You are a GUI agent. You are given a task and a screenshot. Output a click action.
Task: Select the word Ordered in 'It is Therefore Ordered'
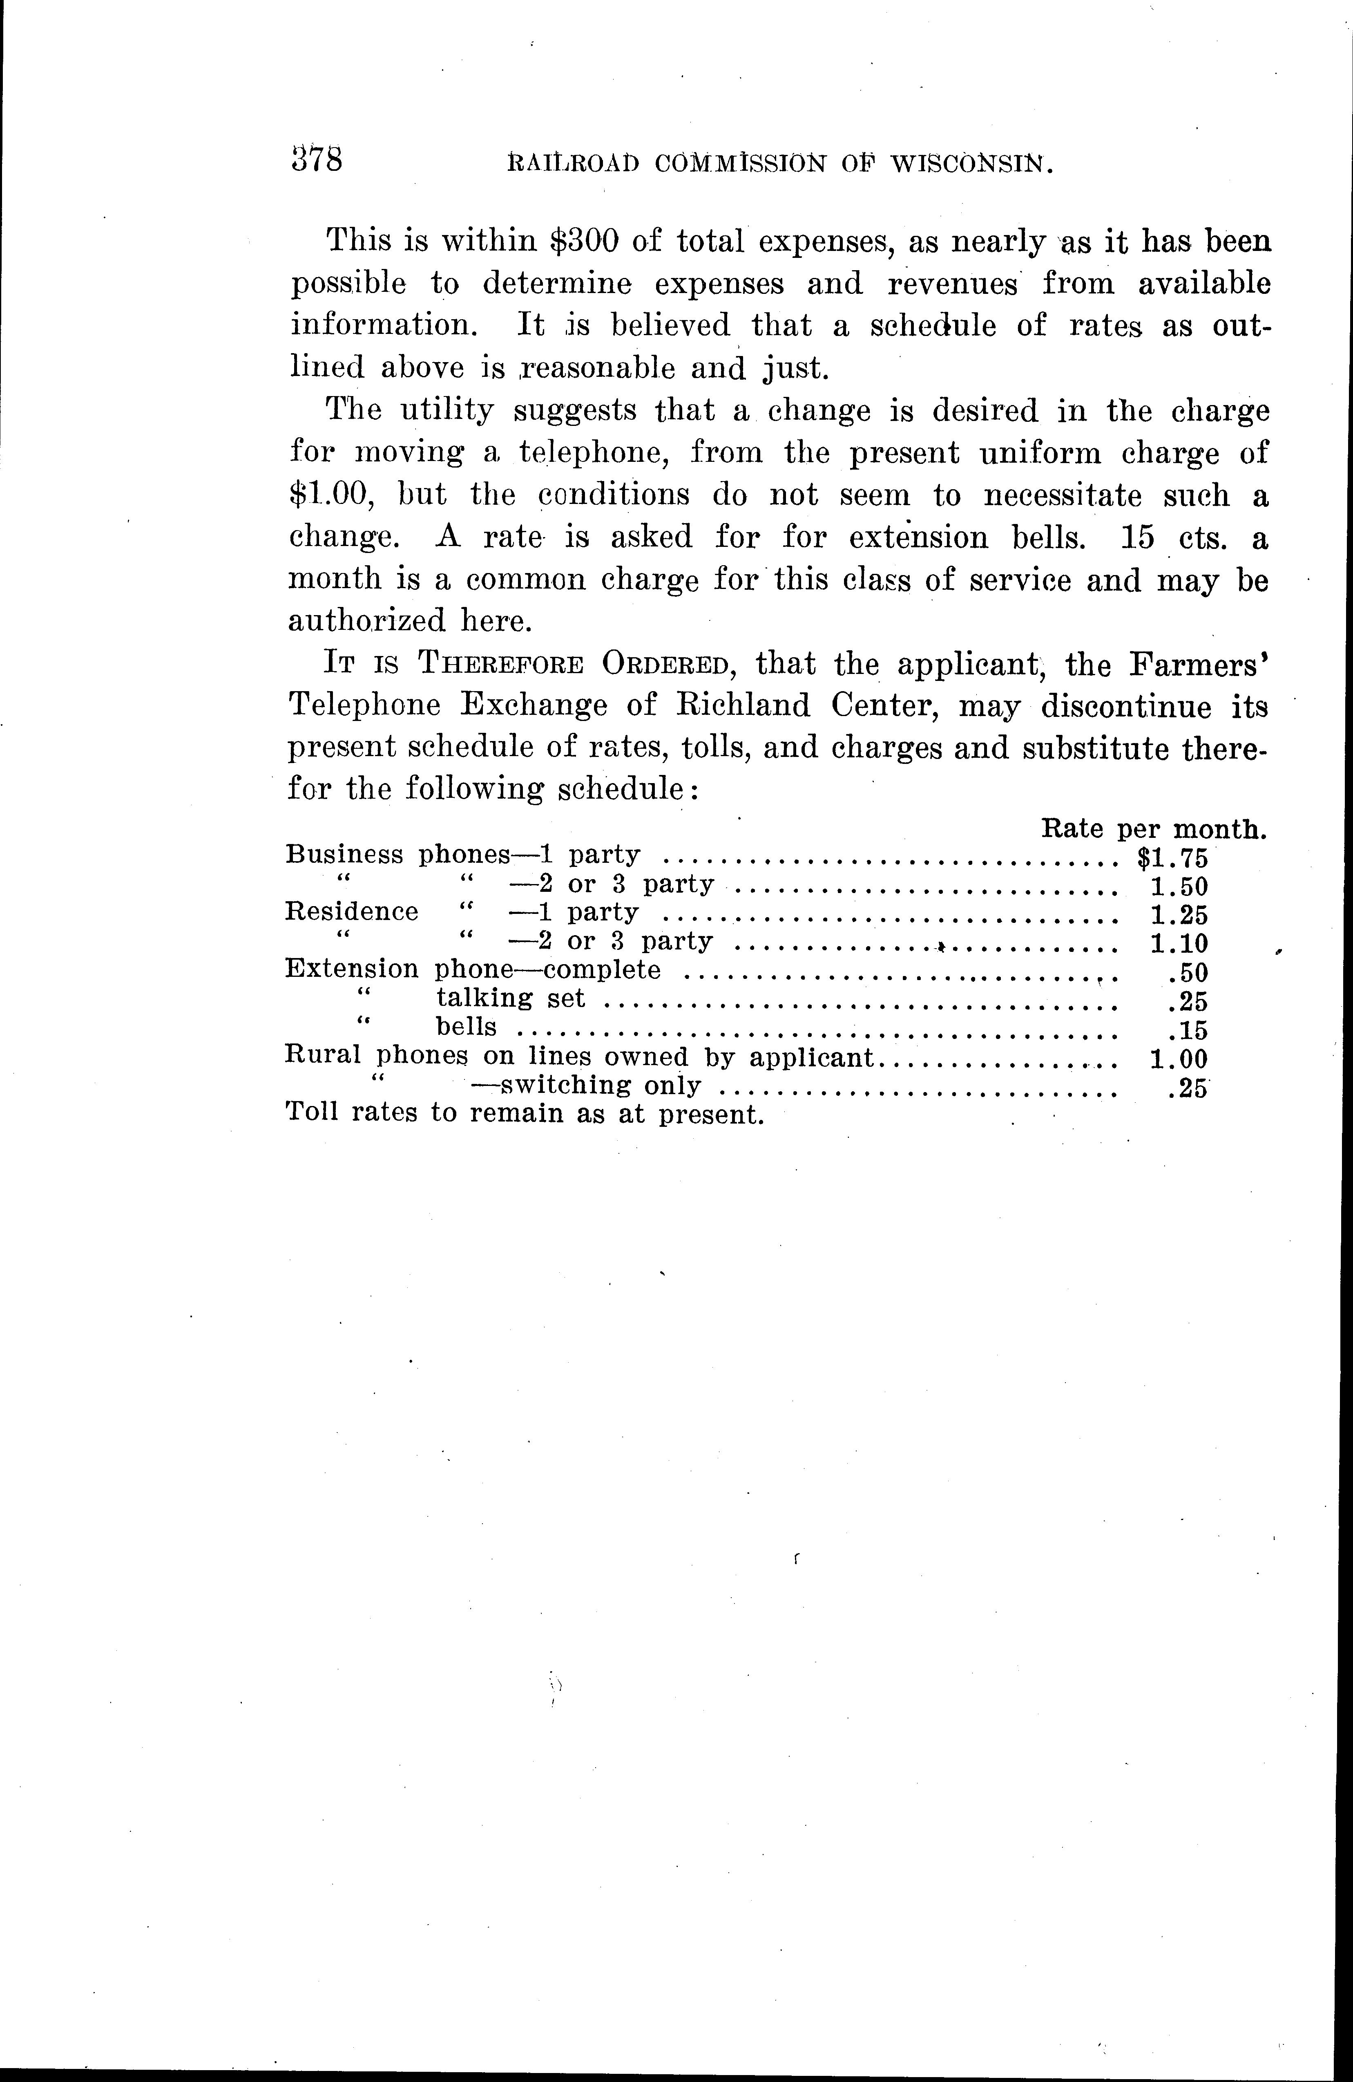pyautogui.click(x=665, y=665)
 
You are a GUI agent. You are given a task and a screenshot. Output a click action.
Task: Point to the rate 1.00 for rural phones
pyautogui.click(x=1178, y=1059)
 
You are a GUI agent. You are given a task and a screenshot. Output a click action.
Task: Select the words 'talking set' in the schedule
pyautogui.click(x=511, y=999)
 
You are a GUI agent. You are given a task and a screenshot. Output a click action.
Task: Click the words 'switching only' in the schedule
pyautogui.click(x=599, y=1086)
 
